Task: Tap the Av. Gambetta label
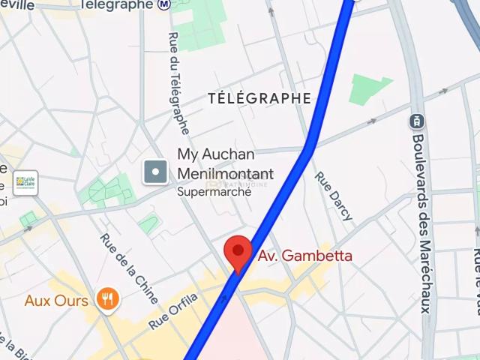click(x=304, y=256)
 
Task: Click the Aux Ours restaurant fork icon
click(x=108, y=301)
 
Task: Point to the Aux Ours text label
click(x=56, y=301)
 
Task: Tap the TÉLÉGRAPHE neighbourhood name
click(x=259, y=98)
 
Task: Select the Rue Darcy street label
click(x=334, y=196)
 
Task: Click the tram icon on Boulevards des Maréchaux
click(x=416, y=120)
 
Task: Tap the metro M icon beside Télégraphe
click(x=163, y=5)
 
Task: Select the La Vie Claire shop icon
click(x=25, y=182)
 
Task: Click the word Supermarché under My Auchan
click(x=214, y=191)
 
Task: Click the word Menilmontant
click(x=225, y=174)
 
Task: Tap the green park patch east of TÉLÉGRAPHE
click(x=370, y=89)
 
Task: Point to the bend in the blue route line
click(x=309, y=146)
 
